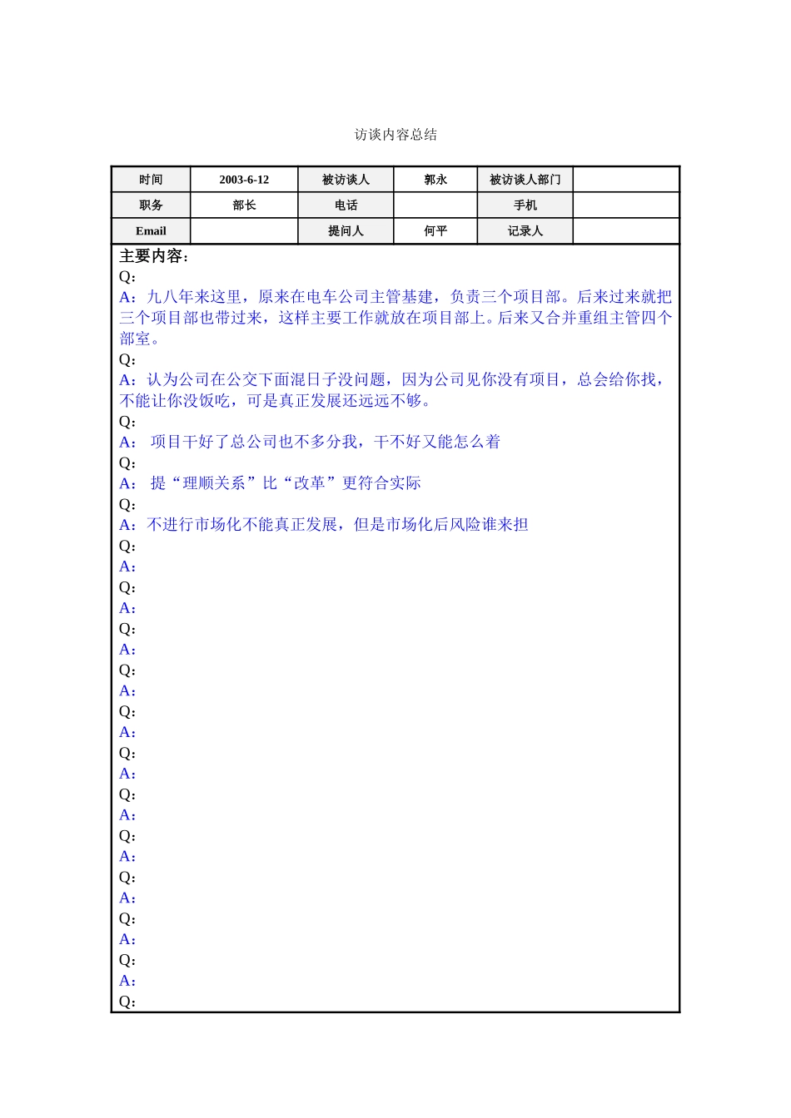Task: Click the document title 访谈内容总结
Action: click(395, 135)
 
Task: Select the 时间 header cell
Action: click(151, 180)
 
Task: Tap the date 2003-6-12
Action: click(244, 180)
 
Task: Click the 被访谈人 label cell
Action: click(346, 180)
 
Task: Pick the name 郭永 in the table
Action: click(435, 180)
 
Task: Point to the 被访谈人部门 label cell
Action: click(525, 180)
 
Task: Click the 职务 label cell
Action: click(151, 205)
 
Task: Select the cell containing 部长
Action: click(244, 205)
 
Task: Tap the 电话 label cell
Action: click(346, 205)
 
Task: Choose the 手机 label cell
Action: click(525, 205)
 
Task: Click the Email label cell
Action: click(151, 231)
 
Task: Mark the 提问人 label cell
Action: click(346, 231)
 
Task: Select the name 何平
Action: click(435, 231)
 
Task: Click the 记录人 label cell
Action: click(525, 231)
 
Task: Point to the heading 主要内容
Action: click(154, 256)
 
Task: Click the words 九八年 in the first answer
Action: click(171, 297)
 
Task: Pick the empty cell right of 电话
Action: click(435, 205)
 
